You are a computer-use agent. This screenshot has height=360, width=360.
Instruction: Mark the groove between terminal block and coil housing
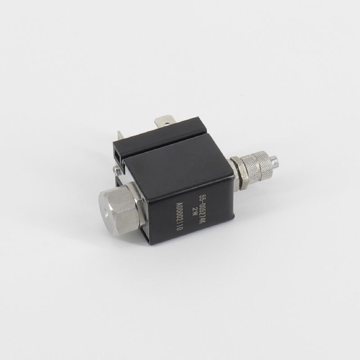click(x=166, y=143)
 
